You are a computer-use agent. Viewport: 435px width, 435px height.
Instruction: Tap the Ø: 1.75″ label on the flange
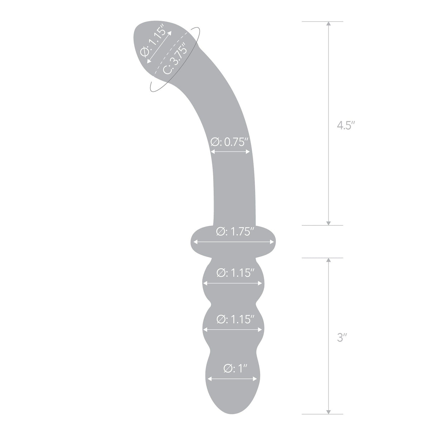coord(235,232)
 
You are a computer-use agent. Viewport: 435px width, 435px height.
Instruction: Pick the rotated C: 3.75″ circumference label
coord(175,58)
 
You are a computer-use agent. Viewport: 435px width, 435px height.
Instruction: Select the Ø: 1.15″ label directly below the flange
coord(235,273)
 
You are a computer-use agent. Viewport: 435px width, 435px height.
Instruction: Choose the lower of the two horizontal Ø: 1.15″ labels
coord(235,319)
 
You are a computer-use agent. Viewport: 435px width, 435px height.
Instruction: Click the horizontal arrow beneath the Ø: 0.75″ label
coord(230,152)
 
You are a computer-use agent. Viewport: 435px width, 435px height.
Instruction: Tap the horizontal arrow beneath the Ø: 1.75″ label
coord(234,243)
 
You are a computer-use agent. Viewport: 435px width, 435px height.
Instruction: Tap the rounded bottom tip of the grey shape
coord(231,424)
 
